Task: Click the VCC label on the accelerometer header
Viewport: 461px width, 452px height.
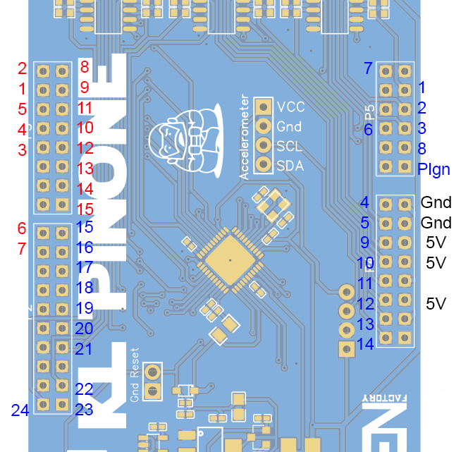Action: [290, 107]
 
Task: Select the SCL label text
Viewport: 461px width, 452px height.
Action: [289, 146]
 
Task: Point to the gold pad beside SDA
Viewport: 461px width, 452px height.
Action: [264, 165]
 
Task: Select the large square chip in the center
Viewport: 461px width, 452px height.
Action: [230, 259]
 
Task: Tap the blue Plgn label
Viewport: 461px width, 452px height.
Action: [433, 169]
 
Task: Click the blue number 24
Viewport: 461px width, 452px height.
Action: [20, 410]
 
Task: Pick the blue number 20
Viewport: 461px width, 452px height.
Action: [84, 329]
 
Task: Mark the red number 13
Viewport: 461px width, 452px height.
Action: [85, 169]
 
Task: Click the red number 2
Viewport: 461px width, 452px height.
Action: [22, 68]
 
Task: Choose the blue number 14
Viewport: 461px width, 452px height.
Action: [365, 344]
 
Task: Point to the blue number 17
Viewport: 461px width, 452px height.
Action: [84, 268]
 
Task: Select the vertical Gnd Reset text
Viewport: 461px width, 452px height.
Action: [135, 375]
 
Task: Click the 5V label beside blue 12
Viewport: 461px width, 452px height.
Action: [436, 304]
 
